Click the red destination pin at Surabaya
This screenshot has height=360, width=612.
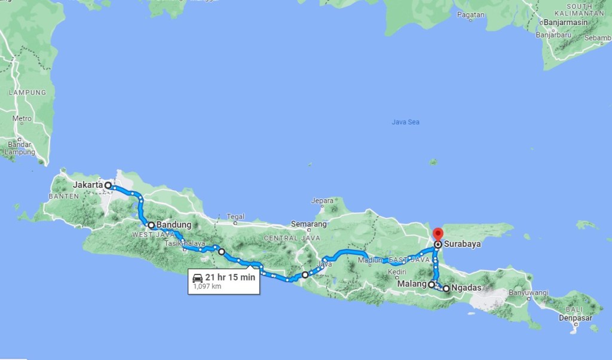pos(437,234)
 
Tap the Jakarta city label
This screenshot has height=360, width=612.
pos(88,185)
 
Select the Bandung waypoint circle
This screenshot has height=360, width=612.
pos(151,225)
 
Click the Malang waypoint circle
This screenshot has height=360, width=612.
pos(432,285)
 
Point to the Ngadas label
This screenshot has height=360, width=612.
pos(466,288)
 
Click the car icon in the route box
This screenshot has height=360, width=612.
pos(197,277)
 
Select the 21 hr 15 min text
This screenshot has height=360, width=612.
pos(229,277)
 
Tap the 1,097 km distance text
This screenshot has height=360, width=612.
pos(207,287)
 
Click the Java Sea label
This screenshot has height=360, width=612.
pos(405,122)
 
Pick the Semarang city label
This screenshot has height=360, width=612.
pos(308,224)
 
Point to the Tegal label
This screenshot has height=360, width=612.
pos(235,216)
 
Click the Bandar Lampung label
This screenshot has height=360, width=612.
pos(19,148)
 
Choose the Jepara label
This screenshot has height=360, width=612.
pos(322,201)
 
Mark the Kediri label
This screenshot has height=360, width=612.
pos(397,272)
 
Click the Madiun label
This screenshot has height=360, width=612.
pos(371,260)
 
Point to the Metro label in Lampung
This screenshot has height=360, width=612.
pos(22,118)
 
